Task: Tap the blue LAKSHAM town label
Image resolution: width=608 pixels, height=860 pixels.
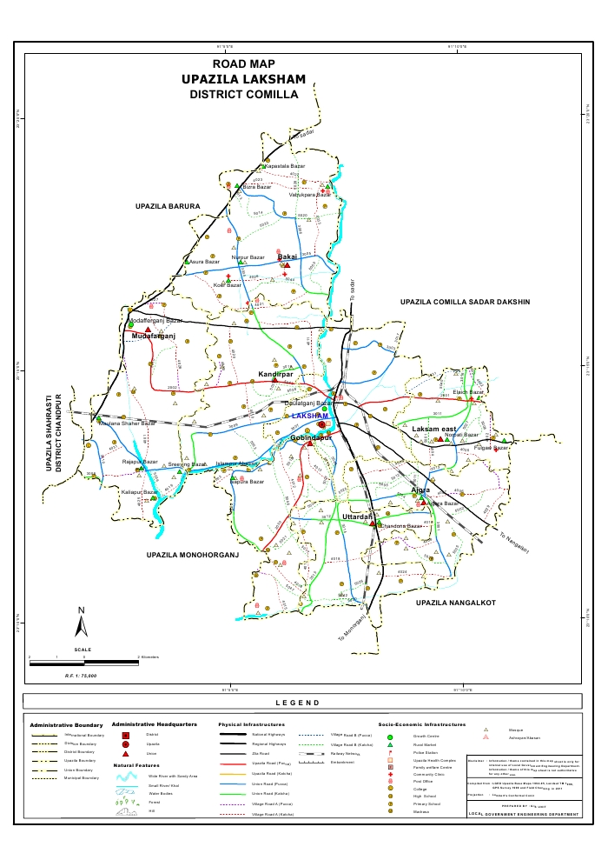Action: (x=310, y=417)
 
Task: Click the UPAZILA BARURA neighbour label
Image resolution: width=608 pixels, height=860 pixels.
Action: (x=168, y=206)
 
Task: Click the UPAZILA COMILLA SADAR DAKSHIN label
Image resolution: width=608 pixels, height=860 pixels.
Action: (x=465, y=302)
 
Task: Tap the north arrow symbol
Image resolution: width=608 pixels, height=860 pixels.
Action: (x=81, y=622)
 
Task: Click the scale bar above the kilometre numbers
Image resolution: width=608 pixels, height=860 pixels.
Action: (x=84, y=663)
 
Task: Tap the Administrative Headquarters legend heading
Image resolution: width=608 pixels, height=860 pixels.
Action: (x=154, y=723)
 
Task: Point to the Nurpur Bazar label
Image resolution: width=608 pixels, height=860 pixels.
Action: (x=248, y=258)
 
